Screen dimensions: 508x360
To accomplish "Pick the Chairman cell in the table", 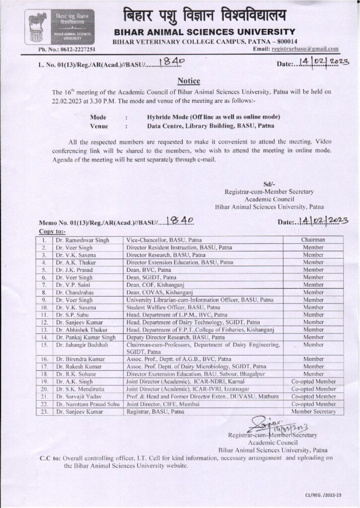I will pyautogui.click(x=313, y=240).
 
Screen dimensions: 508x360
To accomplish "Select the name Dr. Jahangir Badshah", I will pyautogui.click(x=81, y=344).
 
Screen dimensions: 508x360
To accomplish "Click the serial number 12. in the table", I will pyautogui.click(x=44, y=322).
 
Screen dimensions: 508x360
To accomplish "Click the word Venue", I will pyautogui.click(x=100, y=127).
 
